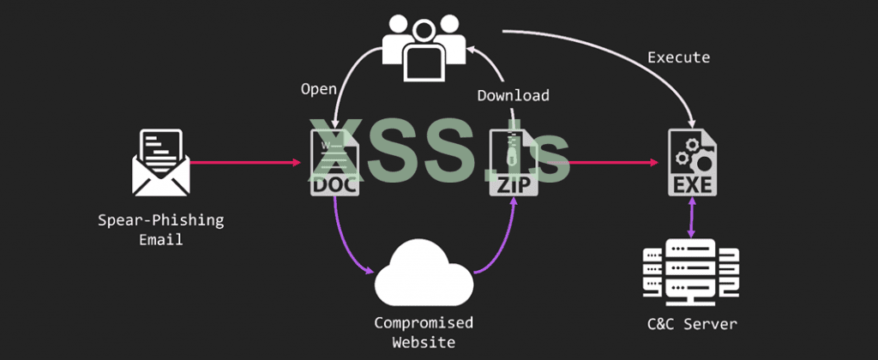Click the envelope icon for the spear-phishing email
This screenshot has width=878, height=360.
click(160, 162)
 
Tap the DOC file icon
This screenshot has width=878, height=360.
click(334, 162)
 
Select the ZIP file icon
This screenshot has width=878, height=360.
click(514, 162)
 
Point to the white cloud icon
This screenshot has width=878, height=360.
click(424, 271)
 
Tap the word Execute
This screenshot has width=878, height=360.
click(678, 57)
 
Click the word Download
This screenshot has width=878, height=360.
click(513, 95)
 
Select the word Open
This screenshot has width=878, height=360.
click(317, 88)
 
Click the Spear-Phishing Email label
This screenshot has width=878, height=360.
click(160, 230)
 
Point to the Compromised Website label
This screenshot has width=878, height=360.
click(423, 333)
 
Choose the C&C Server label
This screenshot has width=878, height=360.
click(692, 324)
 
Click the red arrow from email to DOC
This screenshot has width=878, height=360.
click(249, 161)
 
